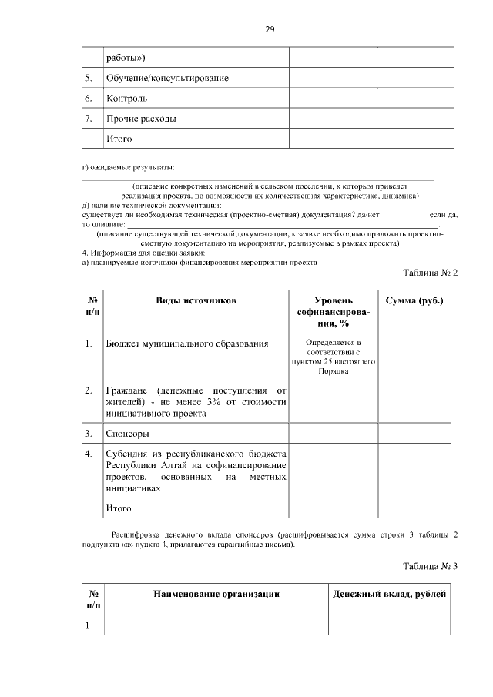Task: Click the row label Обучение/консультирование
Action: coord(167,79)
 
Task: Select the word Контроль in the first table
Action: coord(126,99)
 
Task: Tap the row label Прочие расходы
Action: coord(141,119)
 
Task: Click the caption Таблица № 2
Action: coord(431,273)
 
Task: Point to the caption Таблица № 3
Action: coord(431,567)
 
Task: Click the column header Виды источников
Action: coord(196,300)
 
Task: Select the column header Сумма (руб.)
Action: coord(414,300)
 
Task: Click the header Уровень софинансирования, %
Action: coord(332,312)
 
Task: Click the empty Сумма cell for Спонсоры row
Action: coord(414,433)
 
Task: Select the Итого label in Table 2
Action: coord(119,508)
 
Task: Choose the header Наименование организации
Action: coord(216,594)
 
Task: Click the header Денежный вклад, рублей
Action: coord(389,594)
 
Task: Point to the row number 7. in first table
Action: coord(89,119)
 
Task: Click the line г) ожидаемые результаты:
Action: coord(128,167)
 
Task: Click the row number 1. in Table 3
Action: coord(89,625)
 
